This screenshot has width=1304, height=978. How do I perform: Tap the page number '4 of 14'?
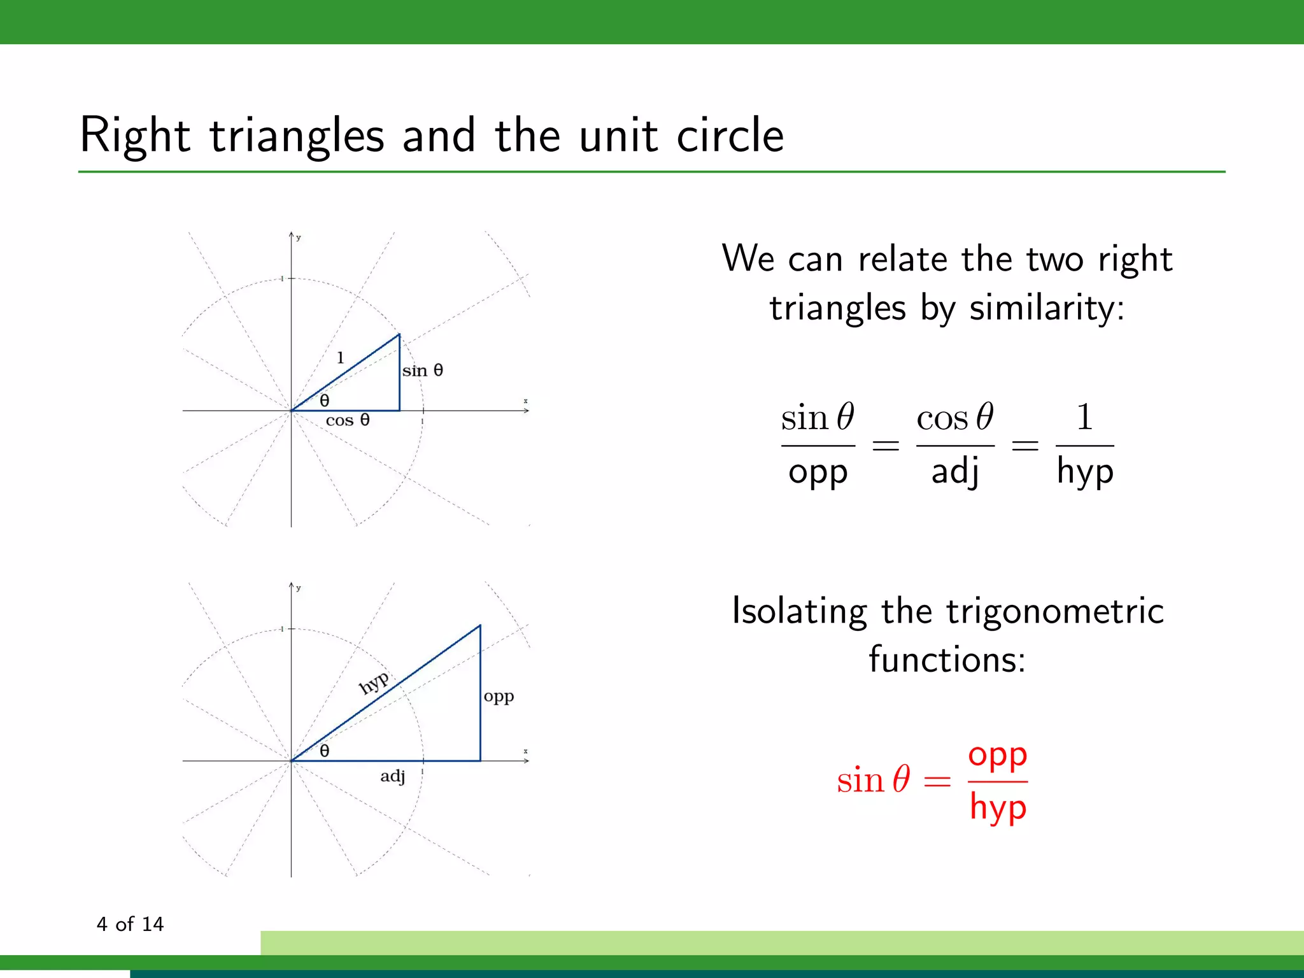[x=130, y=924]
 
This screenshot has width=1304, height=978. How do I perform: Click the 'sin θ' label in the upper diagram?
[x=422, y=371]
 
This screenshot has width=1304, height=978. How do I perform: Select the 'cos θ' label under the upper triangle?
[x=348, y=420]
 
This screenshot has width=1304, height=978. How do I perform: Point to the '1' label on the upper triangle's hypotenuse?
[x=341, y=358]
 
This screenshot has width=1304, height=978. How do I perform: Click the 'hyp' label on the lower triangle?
[x=374, y=683]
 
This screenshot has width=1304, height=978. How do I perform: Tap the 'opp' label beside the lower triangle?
[x=499, y=697]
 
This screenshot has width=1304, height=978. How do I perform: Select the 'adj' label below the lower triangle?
[x=393, y=776]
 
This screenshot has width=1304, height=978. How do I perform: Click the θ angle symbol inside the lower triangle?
[x=325, y=751]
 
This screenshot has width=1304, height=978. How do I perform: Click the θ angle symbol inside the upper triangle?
[x=325, y=401]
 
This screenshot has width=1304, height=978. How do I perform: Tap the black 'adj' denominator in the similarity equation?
[x=955, y=472]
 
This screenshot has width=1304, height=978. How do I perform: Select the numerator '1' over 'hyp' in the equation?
[x=1084, y=418]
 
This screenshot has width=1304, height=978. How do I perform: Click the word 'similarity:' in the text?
[x=1047, y=309]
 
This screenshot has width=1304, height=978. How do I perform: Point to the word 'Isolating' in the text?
[x=799, y=611]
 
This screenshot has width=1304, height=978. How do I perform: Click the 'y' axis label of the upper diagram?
[x=299, y=238]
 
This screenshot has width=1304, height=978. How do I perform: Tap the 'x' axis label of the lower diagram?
[x=526, y=751]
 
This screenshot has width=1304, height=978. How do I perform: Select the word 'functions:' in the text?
[x=947, y=660]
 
